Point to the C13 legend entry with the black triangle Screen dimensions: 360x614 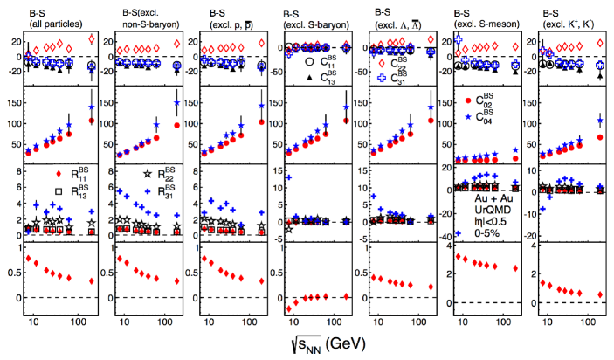pos(320,78)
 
